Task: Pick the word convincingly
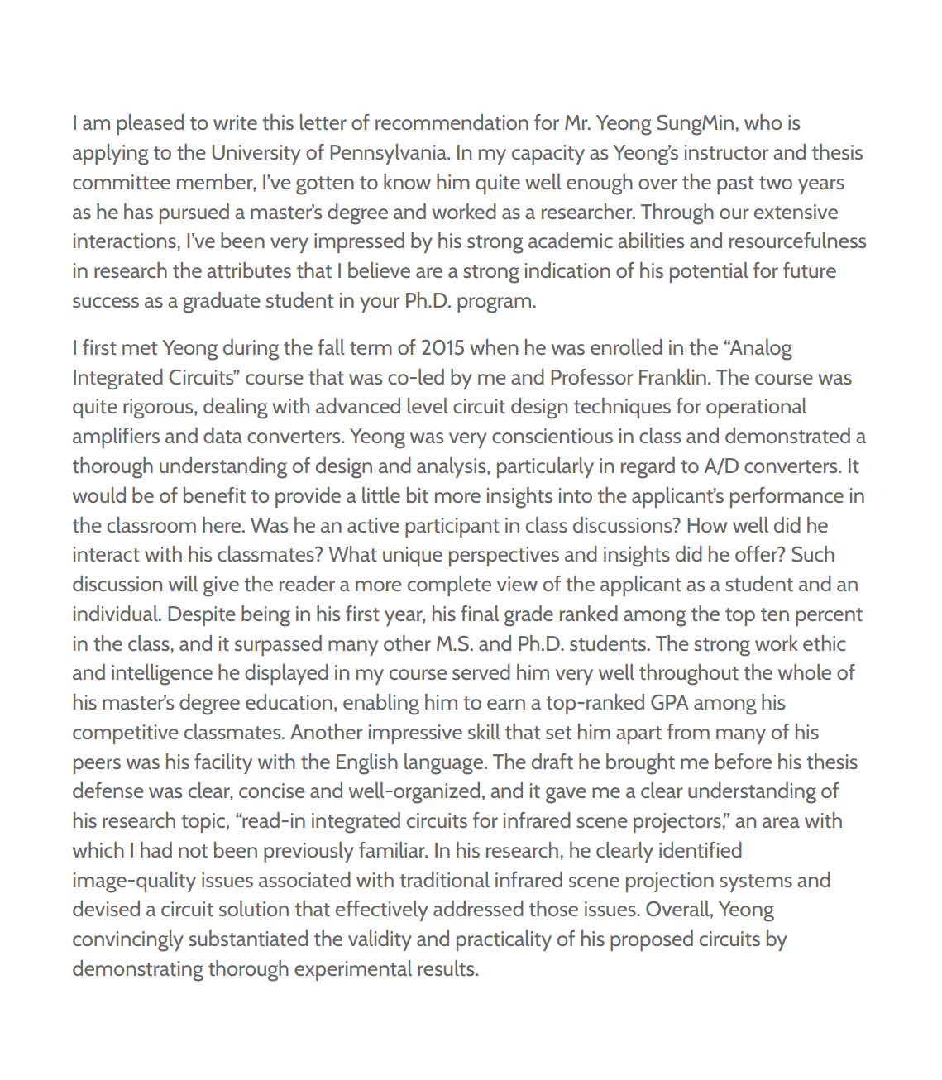pyautogui.click(x=127, y=940)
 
